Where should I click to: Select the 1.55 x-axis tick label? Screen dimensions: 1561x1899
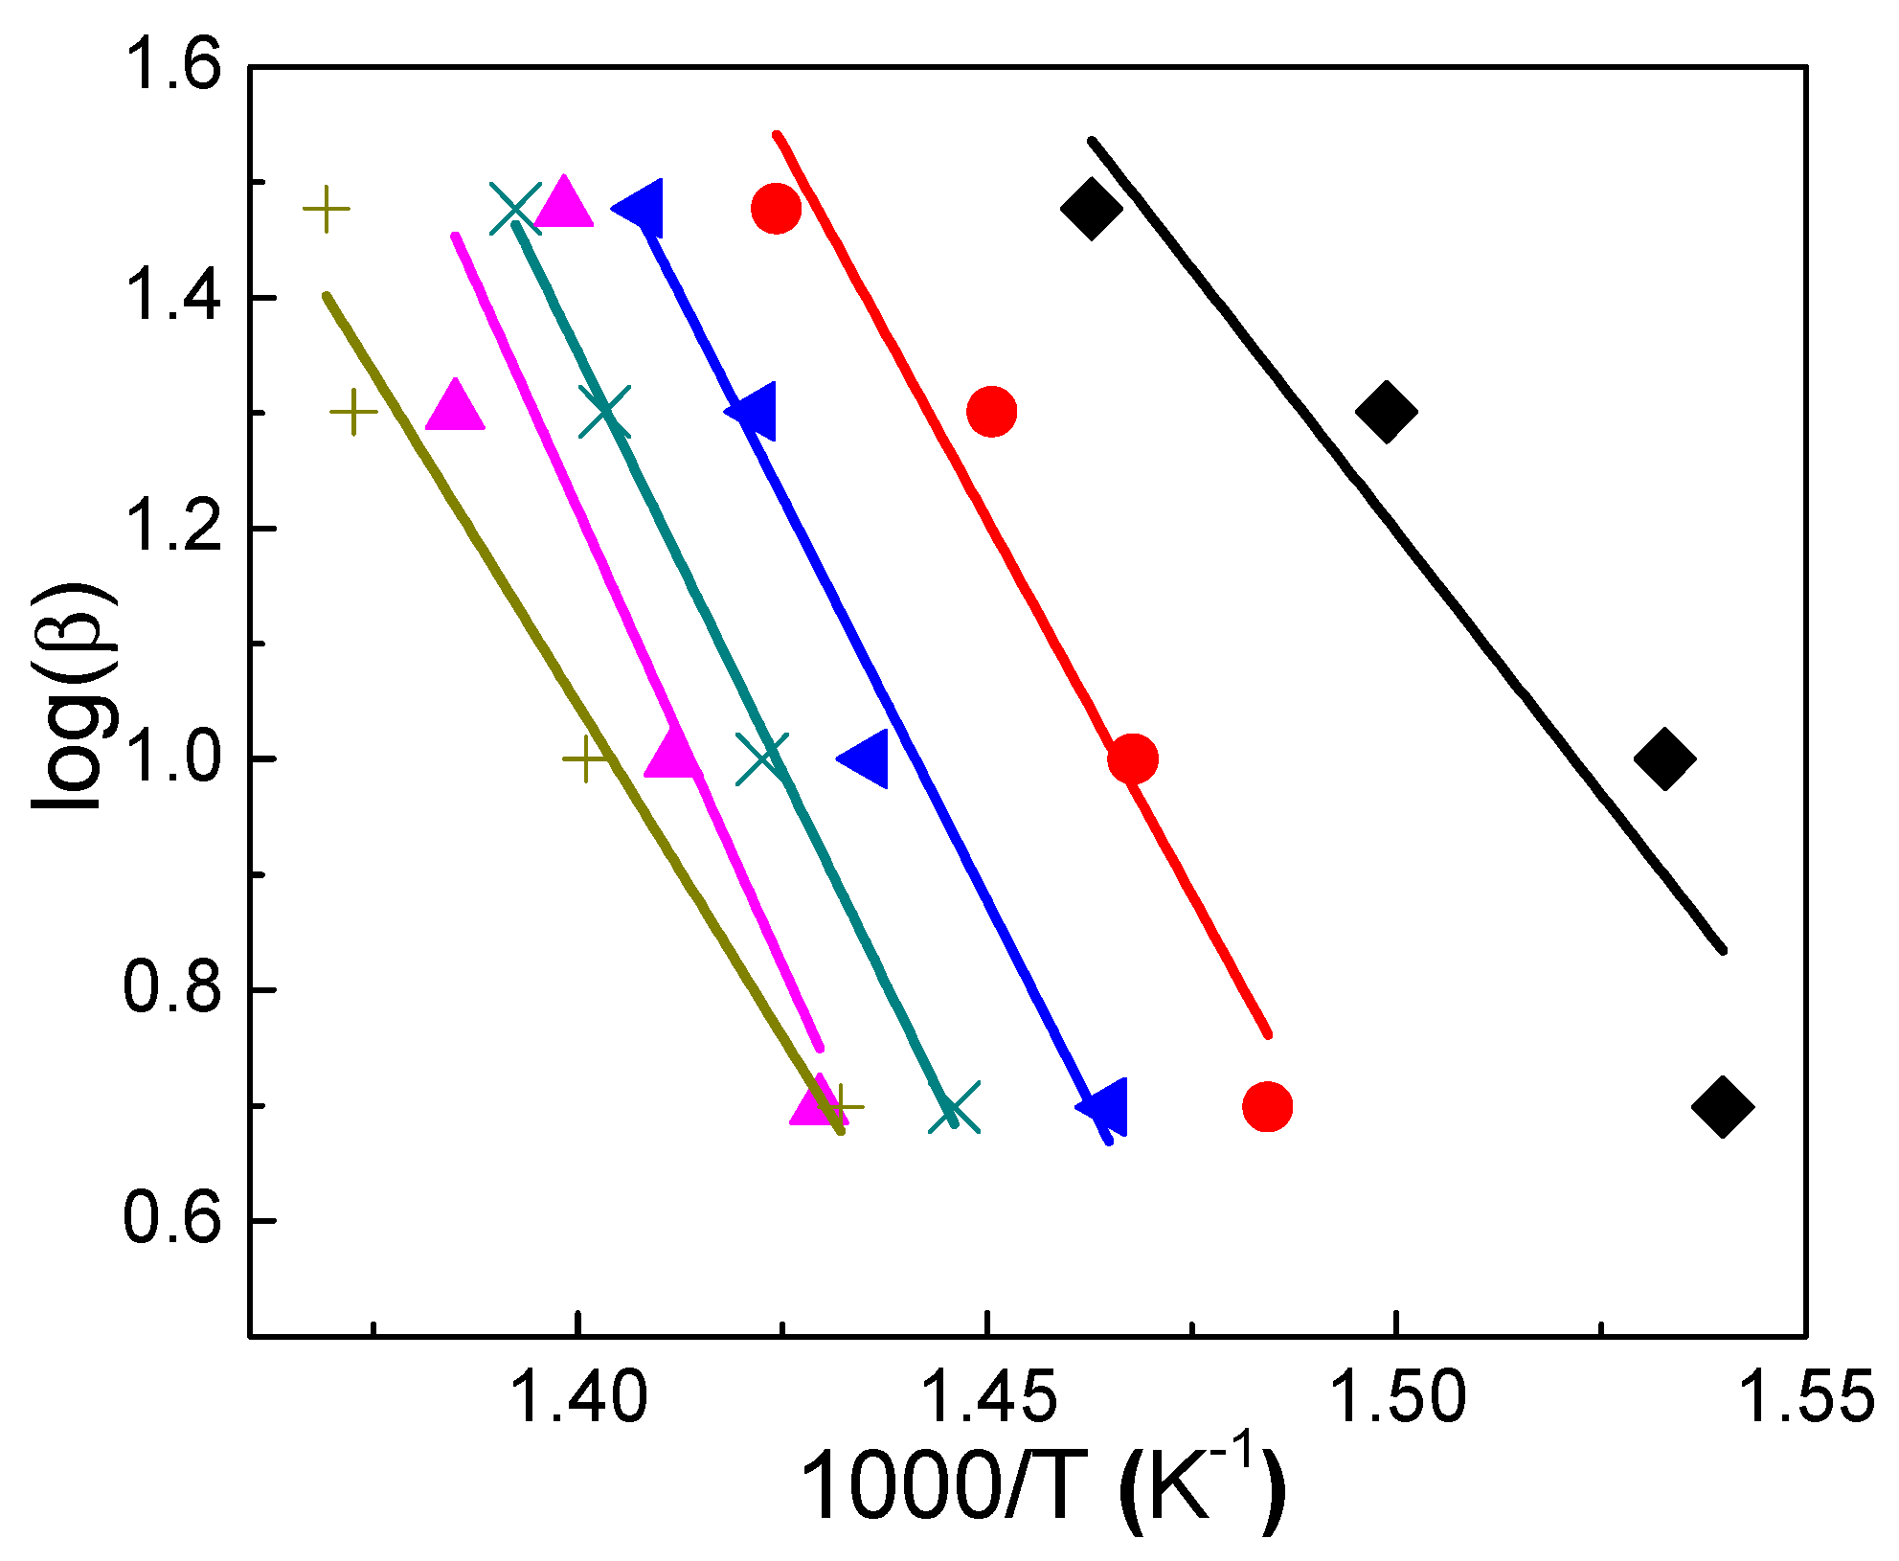tap(1805, 1397)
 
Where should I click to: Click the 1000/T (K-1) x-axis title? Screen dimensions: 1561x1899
tap(1042, 1486)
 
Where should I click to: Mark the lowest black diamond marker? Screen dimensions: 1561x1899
tap(1722, 1107)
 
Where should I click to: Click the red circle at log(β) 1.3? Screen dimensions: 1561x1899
tap(991, 412)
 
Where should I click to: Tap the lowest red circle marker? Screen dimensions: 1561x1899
tap(1267, 1107)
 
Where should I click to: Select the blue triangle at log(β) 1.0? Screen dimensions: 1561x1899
tap(866, 758)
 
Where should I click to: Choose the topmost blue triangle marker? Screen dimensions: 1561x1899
tap(641, 208)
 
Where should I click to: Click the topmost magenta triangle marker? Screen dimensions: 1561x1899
tap(564, 204)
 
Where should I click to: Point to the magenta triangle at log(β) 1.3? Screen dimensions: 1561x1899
tap(455, 407)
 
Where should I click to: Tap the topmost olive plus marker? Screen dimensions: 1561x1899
tap(326, 209)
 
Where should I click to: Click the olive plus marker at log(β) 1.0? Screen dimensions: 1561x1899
tap(586, 758)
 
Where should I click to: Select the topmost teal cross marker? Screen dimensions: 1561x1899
tap(515, 209)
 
